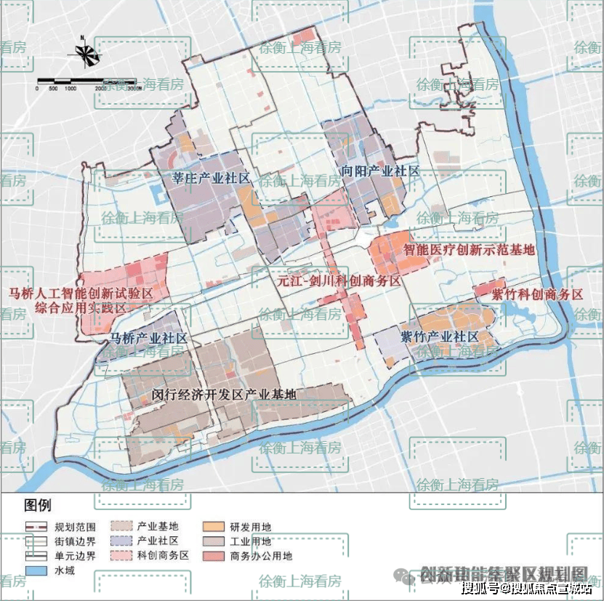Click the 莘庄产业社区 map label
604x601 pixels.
pos(211,178)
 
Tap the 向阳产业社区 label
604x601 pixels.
pos(380,172)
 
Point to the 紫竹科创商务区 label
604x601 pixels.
pos(537,294)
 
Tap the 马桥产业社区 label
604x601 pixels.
pos(148,339)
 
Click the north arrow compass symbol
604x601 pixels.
pos(85,53)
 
